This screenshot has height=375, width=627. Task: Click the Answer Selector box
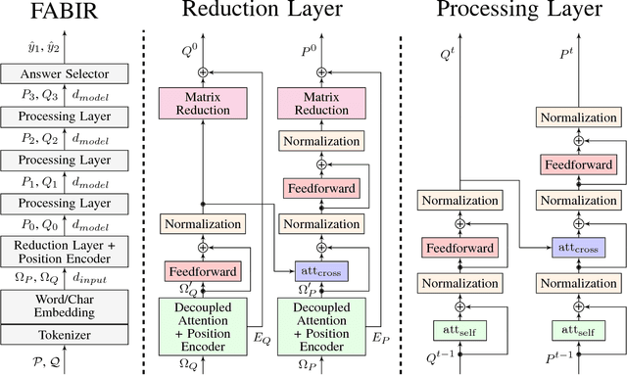(68, 74)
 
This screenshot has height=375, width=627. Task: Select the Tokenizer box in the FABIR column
(68, 336)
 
